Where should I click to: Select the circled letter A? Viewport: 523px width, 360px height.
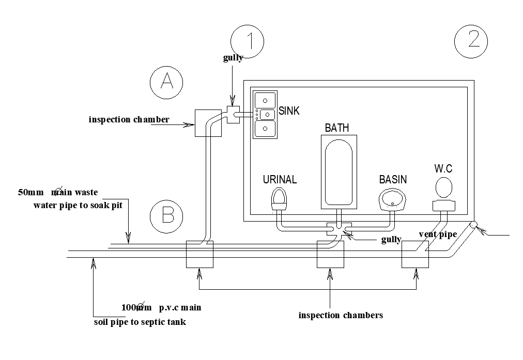click(x=166, y=82)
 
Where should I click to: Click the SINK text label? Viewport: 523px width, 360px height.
click(x=289, y=111)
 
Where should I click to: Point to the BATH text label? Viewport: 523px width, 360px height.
click(x=337, y=128)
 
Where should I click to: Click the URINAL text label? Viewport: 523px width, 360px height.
click(x=280, y=180)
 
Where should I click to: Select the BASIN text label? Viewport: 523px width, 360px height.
click(x=393, y=180)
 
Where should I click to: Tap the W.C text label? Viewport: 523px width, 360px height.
click(x=444, y=168)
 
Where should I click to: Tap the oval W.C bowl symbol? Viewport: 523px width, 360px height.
click(x=443, y=187)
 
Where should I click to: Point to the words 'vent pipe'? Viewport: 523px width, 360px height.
click(x=438, y=235)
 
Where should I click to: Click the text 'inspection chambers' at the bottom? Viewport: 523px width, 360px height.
click(x=341, y=315)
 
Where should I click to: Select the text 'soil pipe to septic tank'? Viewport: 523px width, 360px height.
click(x=140, y=322)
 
